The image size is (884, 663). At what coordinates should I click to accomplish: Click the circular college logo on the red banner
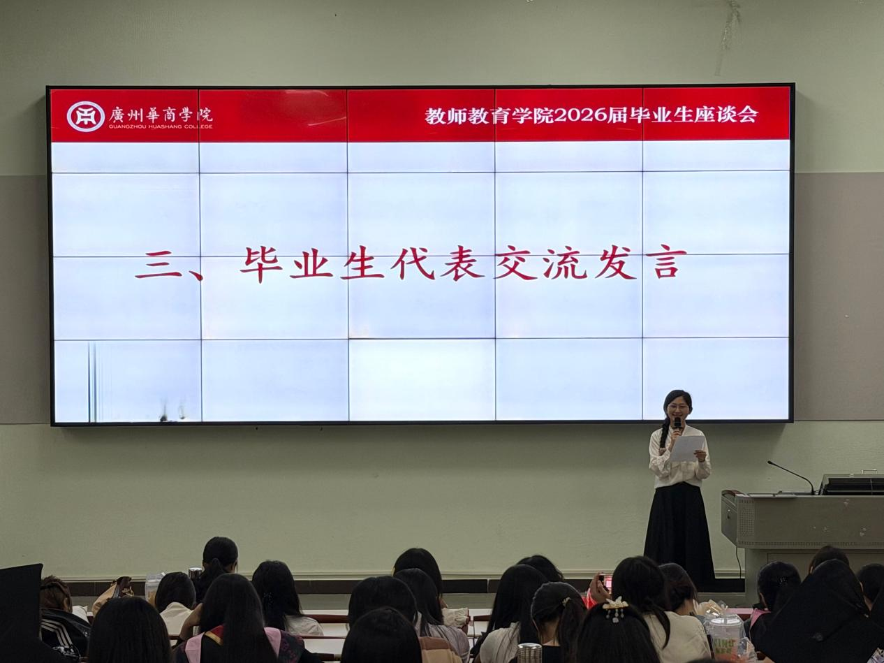click(85, 117)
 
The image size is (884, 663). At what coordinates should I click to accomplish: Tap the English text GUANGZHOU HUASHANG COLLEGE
click(161, 126)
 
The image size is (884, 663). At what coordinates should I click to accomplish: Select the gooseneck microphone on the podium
click(790, 476)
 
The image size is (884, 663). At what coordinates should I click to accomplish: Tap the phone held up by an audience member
click(603, 582)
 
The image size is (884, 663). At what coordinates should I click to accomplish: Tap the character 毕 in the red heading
click(261, 265)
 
